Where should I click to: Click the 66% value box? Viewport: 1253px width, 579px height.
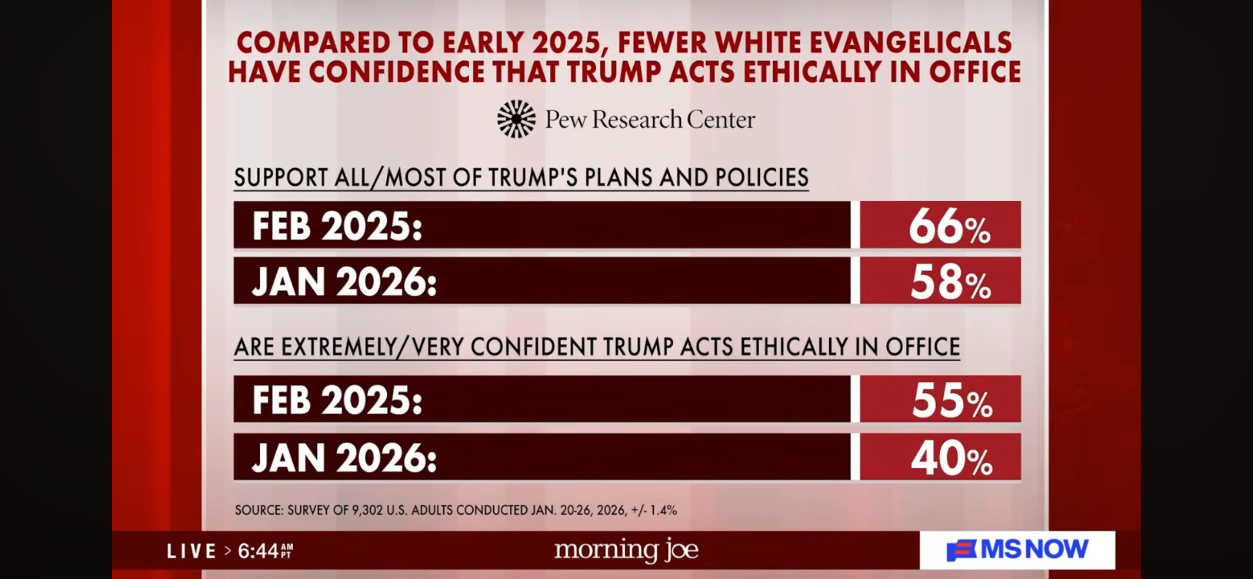click(x=940, y=225)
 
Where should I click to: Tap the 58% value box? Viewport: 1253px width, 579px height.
click(x=940, y=281)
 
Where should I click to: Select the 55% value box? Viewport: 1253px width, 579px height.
click(x=940, y=399)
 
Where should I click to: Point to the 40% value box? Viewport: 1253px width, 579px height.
click(x=940, y=457)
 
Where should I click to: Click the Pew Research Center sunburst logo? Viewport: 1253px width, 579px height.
click(x=516, y=119)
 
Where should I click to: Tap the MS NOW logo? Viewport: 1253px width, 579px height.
click(x=1017, y=550)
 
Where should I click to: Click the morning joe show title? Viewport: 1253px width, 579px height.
click(x=626, y=550)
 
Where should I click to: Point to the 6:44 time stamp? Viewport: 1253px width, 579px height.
click(x=258, y=551)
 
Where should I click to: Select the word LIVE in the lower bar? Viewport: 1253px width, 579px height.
click(x=191, y=551)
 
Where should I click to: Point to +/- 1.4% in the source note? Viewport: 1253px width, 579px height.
click(x=654, y=510)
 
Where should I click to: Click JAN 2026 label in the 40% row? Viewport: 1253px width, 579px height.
click(x=344, y=458)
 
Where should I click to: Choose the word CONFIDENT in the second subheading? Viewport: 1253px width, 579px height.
click(x=533, y=347)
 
